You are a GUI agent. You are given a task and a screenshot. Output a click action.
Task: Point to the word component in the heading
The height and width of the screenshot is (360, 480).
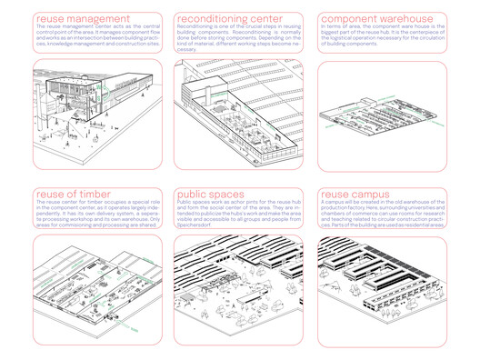[355, 19]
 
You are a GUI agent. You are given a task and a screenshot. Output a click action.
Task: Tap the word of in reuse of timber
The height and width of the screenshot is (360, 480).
[75, 195]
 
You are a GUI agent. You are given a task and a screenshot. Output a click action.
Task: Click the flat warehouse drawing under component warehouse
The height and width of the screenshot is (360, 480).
[381, 115]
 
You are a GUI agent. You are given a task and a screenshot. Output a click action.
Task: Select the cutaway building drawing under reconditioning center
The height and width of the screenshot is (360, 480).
[238, 114]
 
